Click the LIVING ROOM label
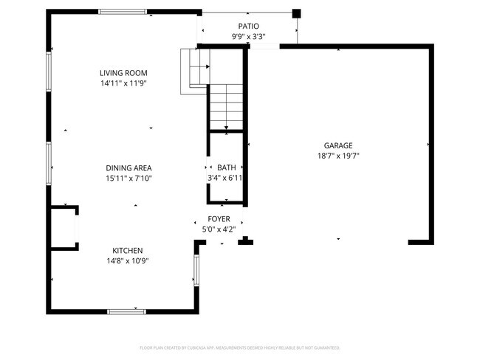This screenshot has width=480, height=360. (x=124, y=73)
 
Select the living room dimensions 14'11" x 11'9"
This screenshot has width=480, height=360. (x=124, y=83)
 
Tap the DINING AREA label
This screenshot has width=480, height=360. (x=128, y=168)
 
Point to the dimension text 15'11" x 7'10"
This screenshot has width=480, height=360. (x=128, y=179)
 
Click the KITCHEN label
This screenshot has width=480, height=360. (x=128, y=251)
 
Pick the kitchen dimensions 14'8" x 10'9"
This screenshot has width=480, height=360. (x=128, y=261)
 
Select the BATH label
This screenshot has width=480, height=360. (x=225, y=168)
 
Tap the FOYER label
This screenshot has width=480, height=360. (x=219, y=219)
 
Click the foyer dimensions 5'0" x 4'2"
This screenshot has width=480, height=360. (x=219, y=229)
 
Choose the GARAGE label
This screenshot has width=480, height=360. (x=337, y=145)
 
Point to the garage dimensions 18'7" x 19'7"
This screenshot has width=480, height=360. (x=337, y=156)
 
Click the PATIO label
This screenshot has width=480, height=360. (x=248, y=26)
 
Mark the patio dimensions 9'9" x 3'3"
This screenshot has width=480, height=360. (x=248, y=36)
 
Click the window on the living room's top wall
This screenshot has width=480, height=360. (x=123, y=12)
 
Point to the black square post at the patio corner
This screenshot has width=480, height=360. (x=297, y=13)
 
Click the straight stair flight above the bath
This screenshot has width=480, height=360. (x=225, y=107)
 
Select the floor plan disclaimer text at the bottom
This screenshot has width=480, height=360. (x=239, y=347)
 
